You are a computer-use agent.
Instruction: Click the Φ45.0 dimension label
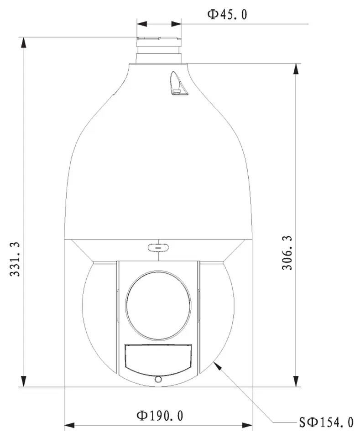coord(227,14)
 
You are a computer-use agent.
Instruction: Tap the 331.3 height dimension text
coord(15,259)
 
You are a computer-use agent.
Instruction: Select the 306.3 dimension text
coord(287,253)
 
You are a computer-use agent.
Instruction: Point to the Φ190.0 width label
coord(160,416)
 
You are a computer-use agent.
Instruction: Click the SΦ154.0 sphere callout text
coord(326,422)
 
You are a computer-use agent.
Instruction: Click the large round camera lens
coord(158,305)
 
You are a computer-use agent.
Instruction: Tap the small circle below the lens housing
coord(158,379)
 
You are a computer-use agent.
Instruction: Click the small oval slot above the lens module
coord(158,247)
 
